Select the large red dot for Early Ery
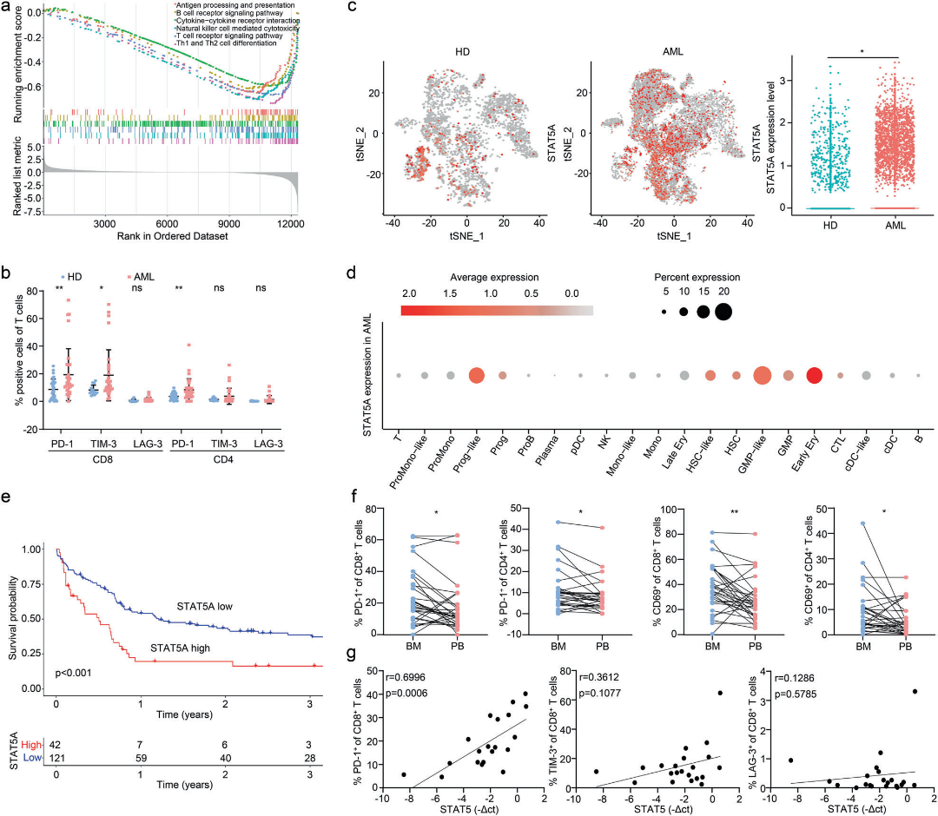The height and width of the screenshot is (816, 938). point(815,375)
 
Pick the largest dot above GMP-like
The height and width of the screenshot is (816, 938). point(763,375)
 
